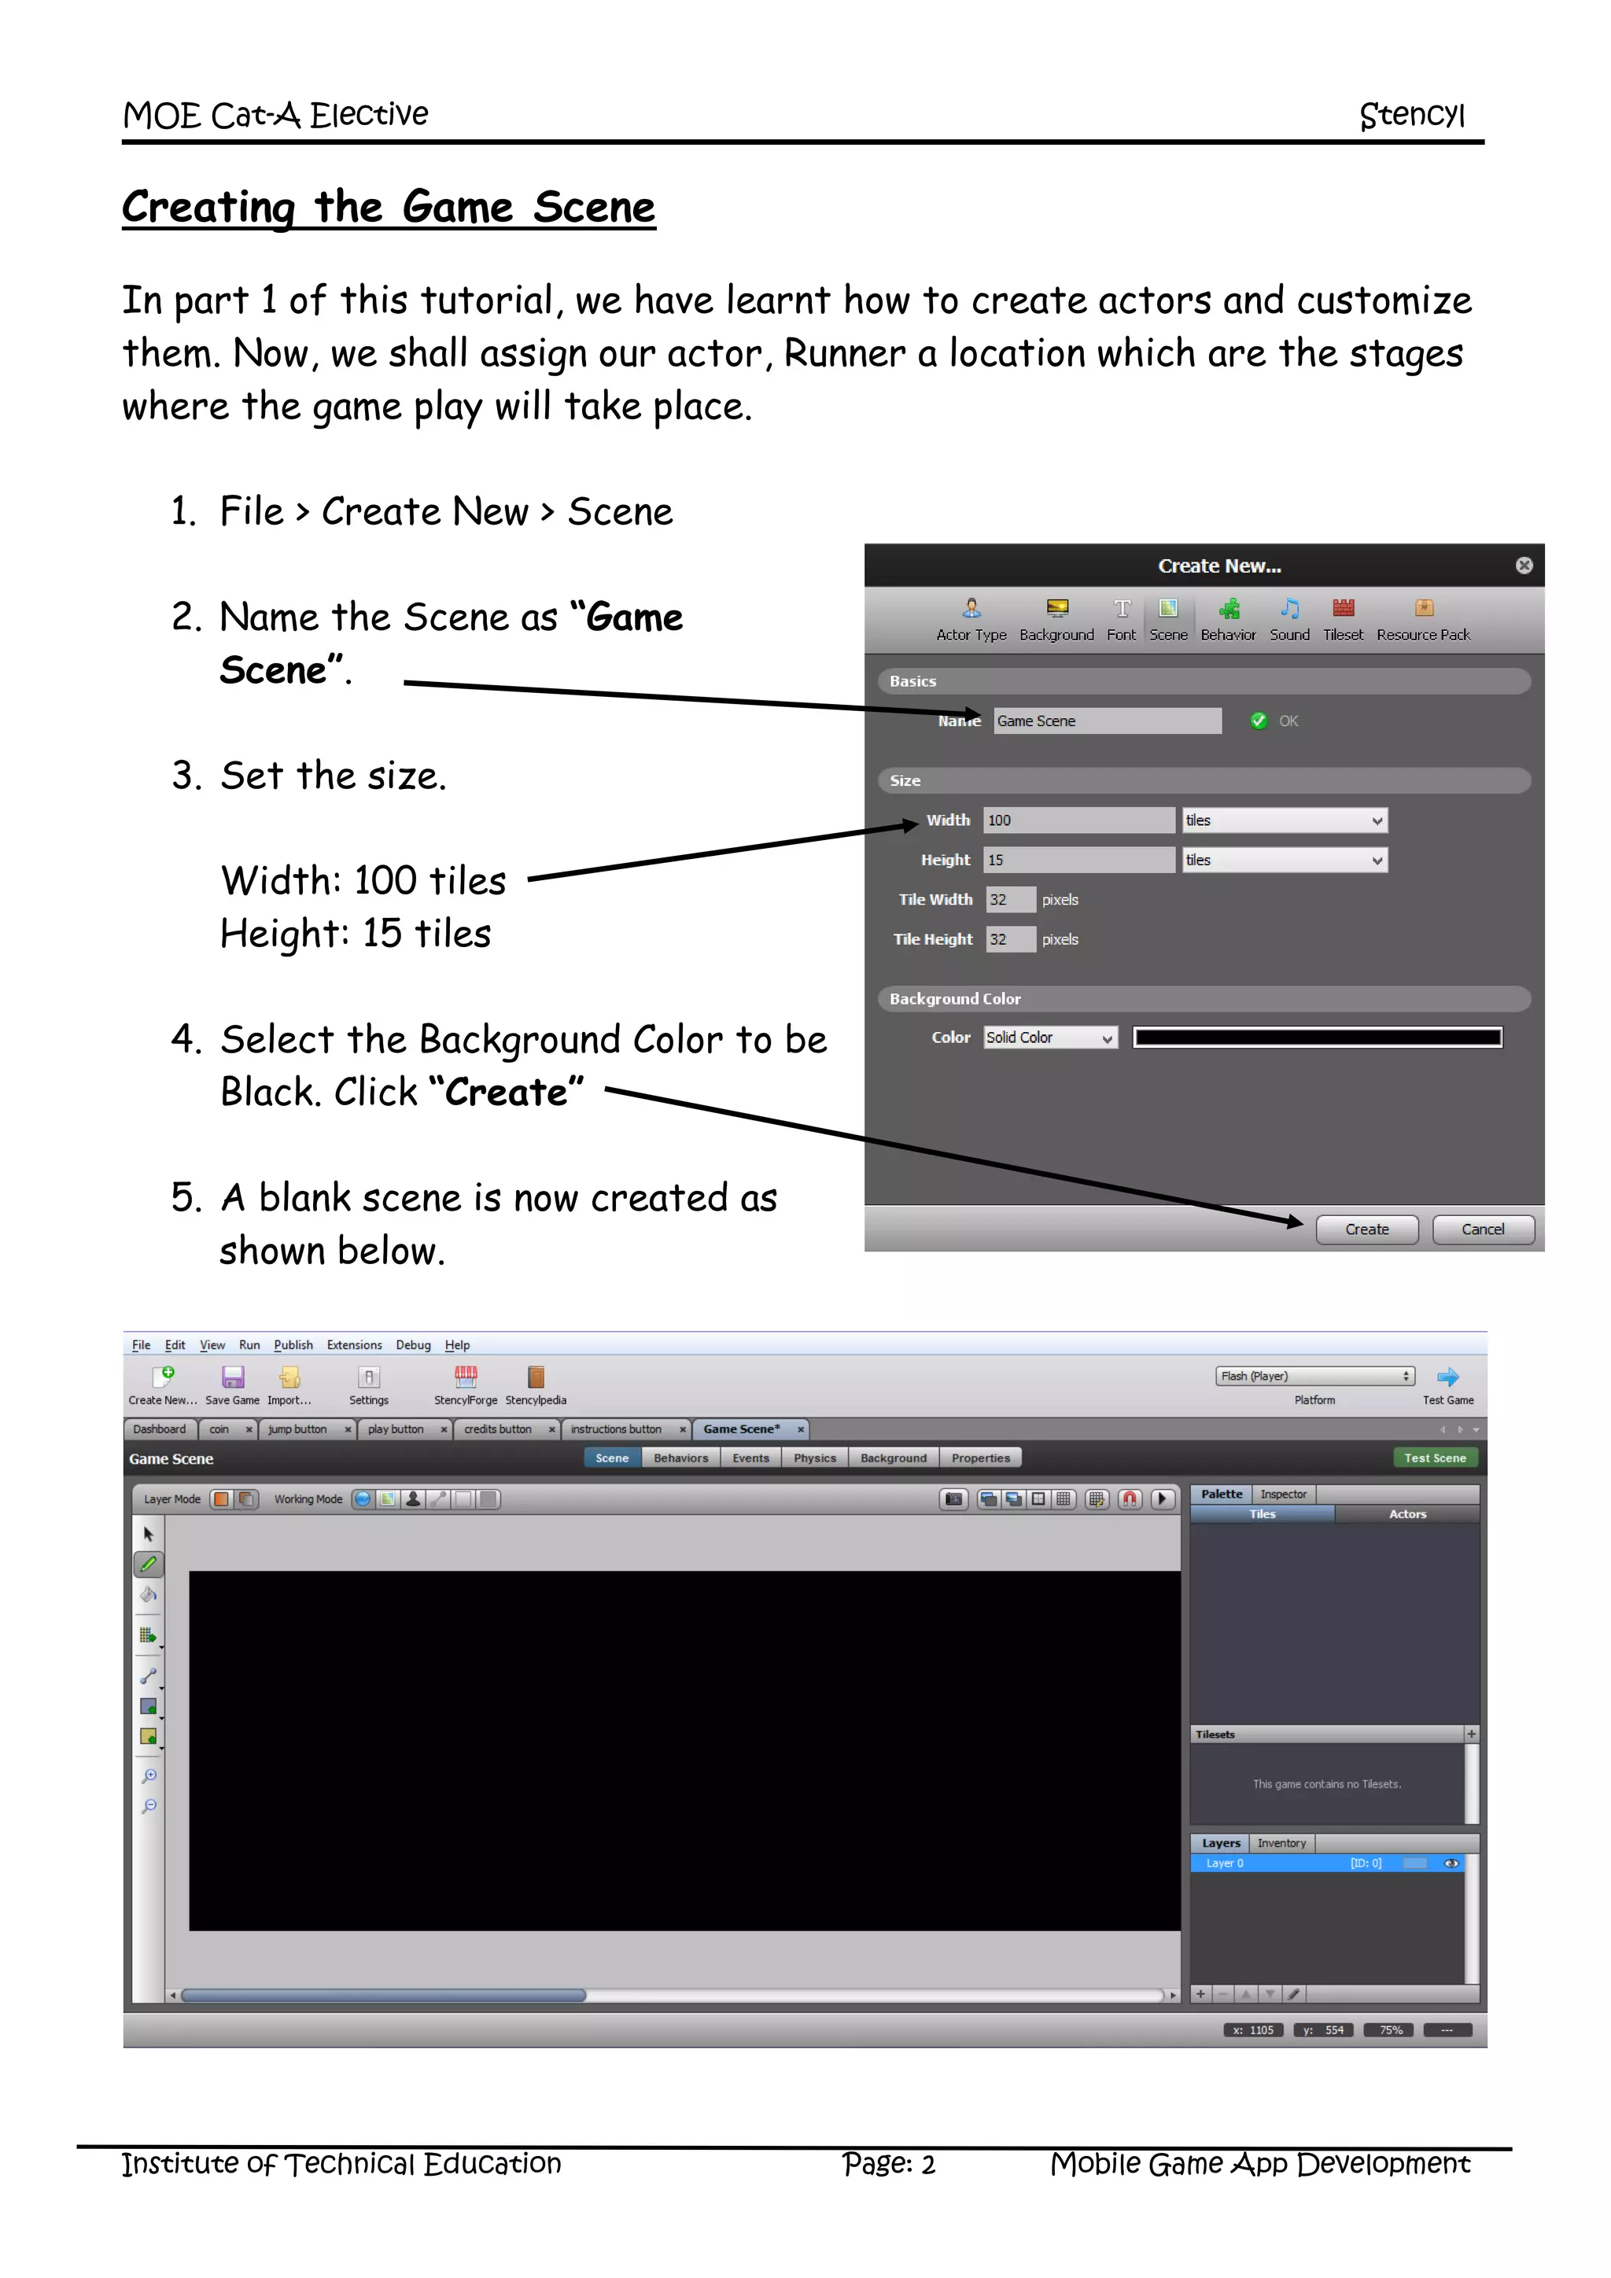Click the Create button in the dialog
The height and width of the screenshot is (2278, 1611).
coord(1366,1229)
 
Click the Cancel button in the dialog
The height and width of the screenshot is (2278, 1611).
coord(1482,1229)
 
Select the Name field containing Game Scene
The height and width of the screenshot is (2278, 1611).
coord(1106,721)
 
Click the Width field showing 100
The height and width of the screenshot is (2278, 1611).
coord(1078,820)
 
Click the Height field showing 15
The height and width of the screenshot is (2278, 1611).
coord(1078,861)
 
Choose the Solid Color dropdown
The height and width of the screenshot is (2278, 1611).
coord(1049,1038)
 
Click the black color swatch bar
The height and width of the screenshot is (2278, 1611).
coord(1318,1038)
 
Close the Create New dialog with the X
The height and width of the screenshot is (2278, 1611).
coord(1524,566)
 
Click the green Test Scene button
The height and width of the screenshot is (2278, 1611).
coord(1435,1458)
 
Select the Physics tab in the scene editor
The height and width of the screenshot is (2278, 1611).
coord(814,1458)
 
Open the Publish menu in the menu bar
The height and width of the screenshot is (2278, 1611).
coord(293,1345)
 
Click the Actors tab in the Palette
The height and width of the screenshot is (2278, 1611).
coord(1406,1514)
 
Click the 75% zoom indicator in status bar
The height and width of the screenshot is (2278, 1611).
coord(1390,2030)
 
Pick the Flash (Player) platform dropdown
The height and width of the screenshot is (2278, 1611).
coord(1314,1376)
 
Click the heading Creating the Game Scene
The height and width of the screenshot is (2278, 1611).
coord(388,208)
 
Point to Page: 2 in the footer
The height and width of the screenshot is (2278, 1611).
coord(888,2164)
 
